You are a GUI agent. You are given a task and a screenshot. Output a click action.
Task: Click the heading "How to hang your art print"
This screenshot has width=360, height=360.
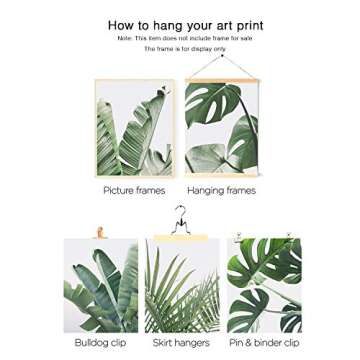pyautogui.click(x=185, y=25)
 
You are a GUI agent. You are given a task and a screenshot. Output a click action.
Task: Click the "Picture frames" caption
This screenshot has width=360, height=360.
pyautogui.click(x=133, y=189)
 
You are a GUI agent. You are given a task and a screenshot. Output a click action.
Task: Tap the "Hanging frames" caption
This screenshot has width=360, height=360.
pyautogui.click(x=222, y=189)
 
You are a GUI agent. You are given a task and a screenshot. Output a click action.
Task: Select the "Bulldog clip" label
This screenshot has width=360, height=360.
pyautogui.click(x=100, y=343)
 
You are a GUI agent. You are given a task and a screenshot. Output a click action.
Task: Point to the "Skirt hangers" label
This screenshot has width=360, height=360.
pyautogui.click(x=181, y=343)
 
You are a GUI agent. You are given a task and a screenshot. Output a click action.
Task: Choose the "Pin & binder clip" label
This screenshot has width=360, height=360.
pyautogui.click(x=264, y=343)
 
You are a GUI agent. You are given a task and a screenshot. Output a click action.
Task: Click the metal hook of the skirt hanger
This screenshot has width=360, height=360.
pyautogui.click(x=180, y=214)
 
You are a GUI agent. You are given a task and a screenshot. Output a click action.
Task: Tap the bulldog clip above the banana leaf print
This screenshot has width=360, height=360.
pyautogui.click(x=98, y=233)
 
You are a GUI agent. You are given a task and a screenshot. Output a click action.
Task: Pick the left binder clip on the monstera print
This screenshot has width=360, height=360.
pyautogui.click(x=239, y=236)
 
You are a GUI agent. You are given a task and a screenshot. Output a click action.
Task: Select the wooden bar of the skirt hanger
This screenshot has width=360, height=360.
pyautogui.click(x=180, y=237)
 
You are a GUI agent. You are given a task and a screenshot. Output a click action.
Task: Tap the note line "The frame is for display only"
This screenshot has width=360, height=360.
pyautogui.click(x=185, y=47)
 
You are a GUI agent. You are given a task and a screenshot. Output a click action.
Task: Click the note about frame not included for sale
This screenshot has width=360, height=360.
pyautogui.click(x=185, y=38)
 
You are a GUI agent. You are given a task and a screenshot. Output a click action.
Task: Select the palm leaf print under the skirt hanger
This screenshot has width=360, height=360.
pyautogui.click(x=180, y=288)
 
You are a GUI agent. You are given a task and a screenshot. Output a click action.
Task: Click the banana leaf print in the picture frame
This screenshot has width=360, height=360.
pyautogui.click(x=134, y=128)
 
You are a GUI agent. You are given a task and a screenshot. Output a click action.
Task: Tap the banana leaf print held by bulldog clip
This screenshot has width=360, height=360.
pyautogui.click(x=100, y=287)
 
